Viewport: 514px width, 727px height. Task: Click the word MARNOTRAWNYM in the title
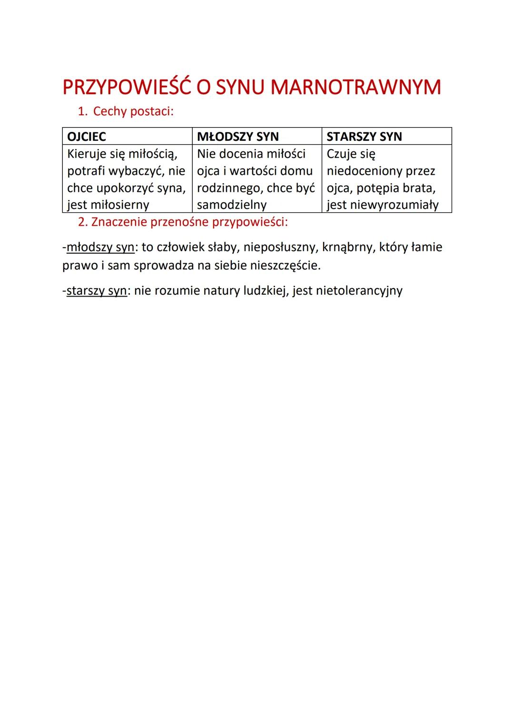[356, 87]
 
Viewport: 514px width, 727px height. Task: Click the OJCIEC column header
[87, 137]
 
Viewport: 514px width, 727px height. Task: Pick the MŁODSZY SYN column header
[237, 137]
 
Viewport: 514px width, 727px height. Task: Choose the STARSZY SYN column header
[364, 137]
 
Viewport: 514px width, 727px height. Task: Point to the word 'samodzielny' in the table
[231, 205]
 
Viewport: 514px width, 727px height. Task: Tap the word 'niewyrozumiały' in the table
[397, 205]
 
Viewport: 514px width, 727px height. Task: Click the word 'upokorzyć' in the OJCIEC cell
[125, 188]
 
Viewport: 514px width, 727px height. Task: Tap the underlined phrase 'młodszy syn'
[100, 247]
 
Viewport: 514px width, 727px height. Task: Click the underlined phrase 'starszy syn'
[97, 290]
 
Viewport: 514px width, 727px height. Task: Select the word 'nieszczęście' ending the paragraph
[285, 265]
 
